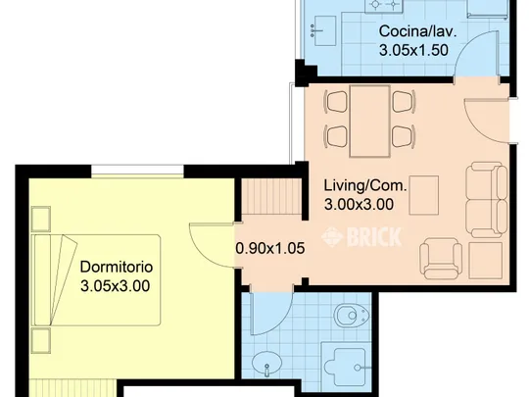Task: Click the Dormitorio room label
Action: [x=117, y=267]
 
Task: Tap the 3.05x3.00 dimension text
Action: [x=115, y=286]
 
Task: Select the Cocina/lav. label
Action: [x=417, y=31]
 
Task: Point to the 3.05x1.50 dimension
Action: [x=413, y=50]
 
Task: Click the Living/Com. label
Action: [x=365, y=185]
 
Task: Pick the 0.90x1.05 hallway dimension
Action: [x=270, y=248]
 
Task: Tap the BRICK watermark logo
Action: [x=361, y=236]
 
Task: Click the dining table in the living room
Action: [x=370, y=122]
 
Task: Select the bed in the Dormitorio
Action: [x=95, y=280]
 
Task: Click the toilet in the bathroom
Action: [x=352, y=316]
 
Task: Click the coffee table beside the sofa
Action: [x=424, y=195]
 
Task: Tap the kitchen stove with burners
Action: [x=384, y=6]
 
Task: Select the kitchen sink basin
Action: [x=323, y=30]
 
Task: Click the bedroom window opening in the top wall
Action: [x=137, y=171]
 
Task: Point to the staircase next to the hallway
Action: [x=271, y=197]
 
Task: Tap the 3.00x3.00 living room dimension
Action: [x=359, y=205]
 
